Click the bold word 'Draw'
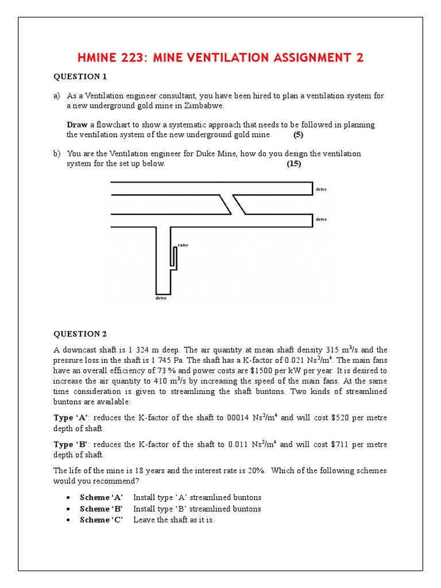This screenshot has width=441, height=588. coord(77,125)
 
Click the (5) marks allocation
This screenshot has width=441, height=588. coord(298,135)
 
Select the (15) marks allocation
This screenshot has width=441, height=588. coord(293,164)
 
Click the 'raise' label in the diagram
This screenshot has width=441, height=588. coord(183,245)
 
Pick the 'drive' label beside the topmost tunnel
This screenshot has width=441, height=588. coord(321,189)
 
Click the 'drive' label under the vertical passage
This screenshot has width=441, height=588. coord(162,299)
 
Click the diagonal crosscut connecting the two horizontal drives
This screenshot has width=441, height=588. coord(233,204)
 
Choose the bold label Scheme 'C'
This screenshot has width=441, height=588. coord(101,520)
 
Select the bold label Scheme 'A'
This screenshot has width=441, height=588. coord(101,497)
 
